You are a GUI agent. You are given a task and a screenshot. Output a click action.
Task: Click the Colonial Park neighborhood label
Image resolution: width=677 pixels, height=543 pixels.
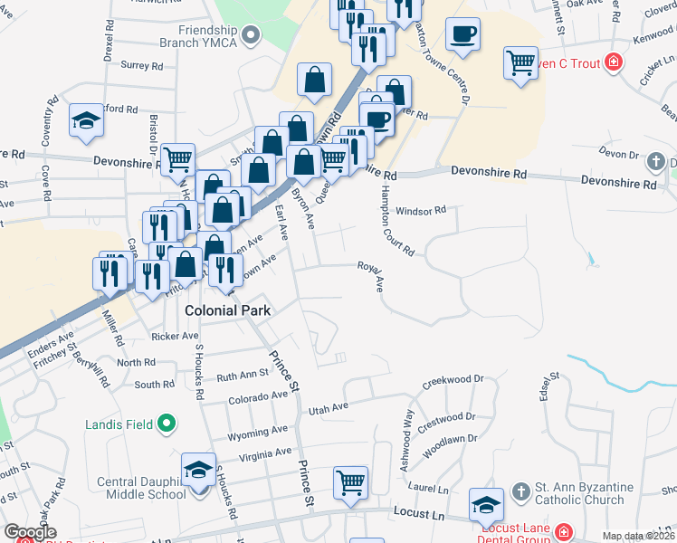229,310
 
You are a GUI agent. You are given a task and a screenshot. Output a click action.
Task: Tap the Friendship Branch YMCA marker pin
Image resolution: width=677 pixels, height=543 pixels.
253,37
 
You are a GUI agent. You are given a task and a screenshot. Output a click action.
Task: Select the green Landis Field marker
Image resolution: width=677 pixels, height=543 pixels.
166,424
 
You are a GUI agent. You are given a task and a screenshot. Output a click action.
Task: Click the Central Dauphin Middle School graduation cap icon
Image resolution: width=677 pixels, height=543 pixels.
198,470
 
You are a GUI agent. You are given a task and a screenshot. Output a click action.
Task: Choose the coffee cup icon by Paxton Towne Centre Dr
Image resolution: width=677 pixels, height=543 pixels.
462,34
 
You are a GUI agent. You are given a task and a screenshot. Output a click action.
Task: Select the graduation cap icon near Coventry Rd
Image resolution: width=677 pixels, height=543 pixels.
87,119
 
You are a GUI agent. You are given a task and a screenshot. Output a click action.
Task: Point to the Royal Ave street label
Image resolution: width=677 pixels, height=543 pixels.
371,276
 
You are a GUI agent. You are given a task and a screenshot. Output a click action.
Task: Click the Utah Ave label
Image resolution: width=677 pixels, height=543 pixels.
328,409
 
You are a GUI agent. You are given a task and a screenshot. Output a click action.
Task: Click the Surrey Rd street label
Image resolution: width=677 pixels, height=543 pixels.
140,65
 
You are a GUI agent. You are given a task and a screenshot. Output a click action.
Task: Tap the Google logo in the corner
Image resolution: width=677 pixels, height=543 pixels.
30,532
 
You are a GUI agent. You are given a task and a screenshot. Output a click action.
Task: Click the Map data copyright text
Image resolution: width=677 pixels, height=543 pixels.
638,536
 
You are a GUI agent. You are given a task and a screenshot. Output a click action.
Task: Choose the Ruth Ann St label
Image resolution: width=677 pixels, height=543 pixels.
243,374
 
